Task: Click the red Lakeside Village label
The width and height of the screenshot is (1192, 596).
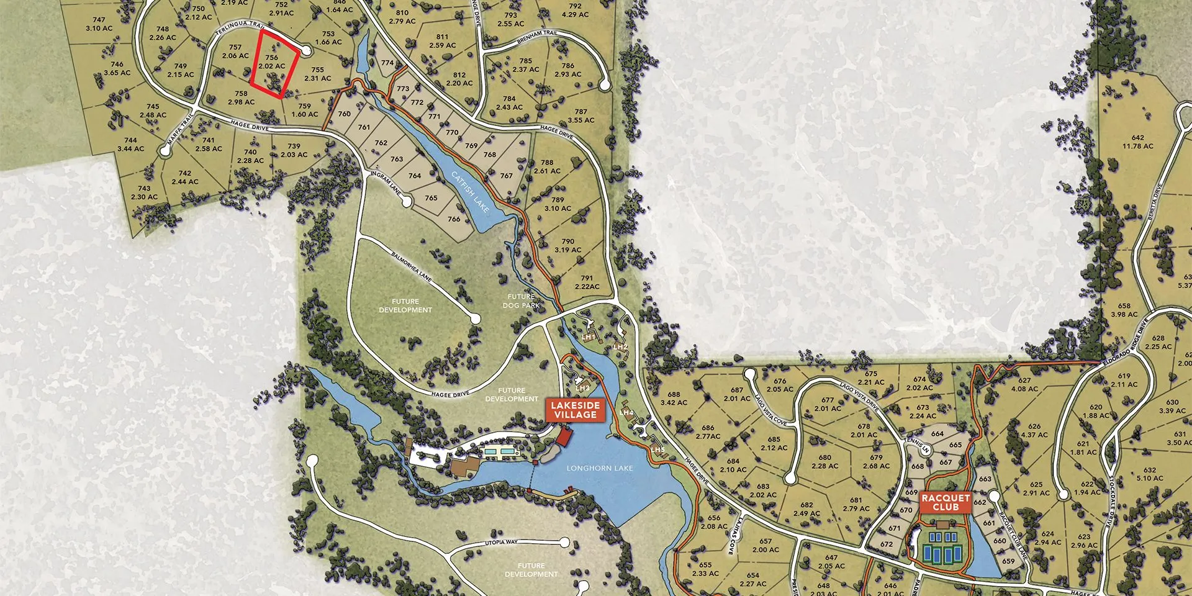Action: tap(576, 410)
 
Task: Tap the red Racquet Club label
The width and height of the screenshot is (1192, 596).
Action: tap(945, 502)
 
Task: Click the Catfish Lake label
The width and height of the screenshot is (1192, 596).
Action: tap(471, 191)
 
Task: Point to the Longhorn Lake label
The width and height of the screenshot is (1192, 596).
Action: tap(600, 468)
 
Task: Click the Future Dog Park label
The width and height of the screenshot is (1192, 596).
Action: tap(521, 301)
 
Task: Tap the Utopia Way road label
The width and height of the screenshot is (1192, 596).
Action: tap(501, 543)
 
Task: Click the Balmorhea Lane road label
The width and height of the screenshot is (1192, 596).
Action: tap(411, 266)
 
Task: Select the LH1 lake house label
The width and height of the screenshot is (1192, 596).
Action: tap(589, 337)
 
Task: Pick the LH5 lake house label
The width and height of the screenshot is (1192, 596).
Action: tap(657, 449)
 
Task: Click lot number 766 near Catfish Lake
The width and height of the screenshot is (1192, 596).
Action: tap(454, 219)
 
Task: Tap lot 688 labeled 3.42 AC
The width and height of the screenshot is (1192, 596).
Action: tap(674, 398)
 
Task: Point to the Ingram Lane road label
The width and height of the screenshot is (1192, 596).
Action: tap(386, 183)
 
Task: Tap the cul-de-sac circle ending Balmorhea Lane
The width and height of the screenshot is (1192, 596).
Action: tap(476, 318)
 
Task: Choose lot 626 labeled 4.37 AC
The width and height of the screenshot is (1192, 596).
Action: tap(1034, 430)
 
